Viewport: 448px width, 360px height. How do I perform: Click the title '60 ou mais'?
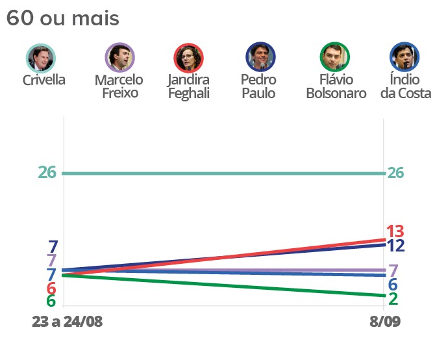(x=63, y=18)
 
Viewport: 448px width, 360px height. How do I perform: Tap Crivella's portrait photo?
(x=42, y=58)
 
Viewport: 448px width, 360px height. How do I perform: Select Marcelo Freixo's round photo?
(x=119, y=58)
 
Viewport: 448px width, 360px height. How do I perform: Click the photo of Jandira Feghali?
(x=189, y=58)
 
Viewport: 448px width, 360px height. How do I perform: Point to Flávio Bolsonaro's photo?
(x=335, y=58)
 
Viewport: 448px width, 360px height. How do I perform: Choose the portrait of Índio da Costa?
(x=404, y=58)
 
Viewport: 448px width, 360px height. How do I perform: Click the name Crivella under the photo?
(x=44, y=81)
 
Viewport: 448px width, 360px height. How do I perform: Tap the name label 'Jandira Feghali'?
(x=188, y=86)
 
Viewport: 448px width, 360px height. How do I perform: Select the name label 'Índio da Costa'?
(x=405, y=86)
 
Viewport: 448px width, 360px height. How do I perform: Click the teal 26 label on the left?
(x=47, y=173)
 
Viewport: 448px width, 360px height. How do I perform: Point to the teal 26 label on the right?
(x=397, y=173)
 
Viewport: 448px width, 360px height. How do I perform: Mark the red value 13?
(x=395, y=231)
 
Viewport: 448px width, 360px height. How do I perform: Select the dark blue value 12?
(x=396, y=246)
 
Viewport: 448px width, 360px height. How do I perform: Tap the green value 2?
(x=393, y=299)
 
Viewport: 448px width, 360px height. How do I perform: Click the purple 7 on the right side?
(x=393, y=270)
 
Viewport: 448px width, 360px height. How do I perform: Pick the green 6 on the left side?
(x=51, y=302)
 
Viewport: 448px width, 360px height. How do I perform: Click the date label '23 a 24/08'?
(x=67, y=322)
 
